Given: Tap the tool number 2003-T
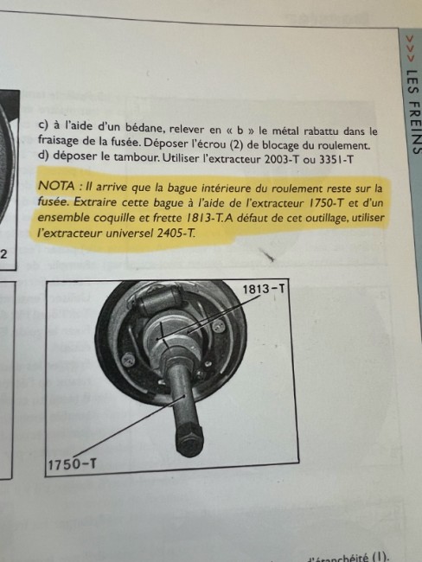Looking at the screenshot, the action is click(x=281, y=159).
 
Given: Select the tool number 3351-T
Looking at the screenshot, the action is click(x=336, y=159).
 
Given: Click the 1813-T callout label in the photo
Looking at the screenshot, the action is click(x=264, y=289).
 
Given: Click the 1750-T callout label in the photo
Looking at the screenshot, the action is click(x=72, y=464).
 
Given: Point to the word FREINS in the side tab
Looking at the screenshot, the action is click(x=413, y=127).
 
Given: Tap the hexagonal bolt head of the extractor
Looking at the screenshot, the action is click(x=190, y=439).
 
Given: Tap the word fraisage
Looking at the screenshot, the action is click(x=59, y=141).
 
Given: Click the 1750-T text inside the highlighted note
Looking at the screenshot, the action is click(x=326, y=203).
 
